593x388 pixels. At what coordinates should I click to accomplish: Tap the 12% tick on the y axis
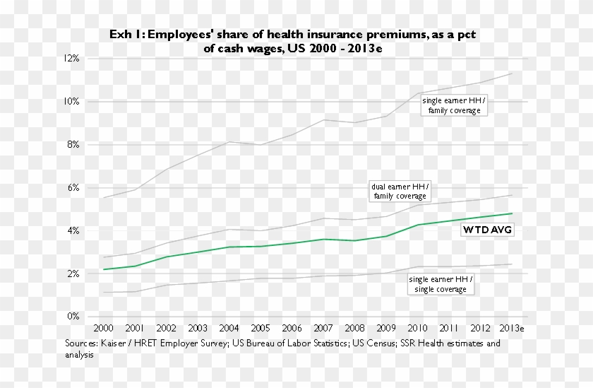72,58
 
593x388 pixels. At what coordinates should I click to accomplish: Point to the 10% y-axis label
72,101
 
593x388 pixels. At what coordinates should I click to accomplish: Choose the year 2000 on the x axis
104,329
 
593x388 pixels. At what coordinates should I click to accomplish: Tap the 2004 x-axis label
229,329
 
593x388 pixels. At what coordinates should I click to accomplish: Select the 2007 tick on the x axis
323,329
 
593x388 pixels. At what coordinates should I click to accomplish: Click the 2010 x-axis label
417,329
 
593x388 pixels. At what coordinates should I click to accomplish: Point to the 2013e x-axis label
512,329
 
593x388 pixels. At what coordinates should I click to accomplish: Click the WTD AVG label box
487,230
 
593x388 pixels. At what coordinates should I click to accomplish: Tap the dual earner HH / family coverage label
400,191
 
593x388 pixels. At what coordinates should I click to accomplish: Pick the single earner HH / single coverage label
441,284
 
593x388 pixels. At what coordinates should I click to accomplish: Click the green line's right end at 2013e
512,213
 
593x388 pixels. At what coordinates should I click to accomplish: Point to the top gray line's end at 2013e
512,73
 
